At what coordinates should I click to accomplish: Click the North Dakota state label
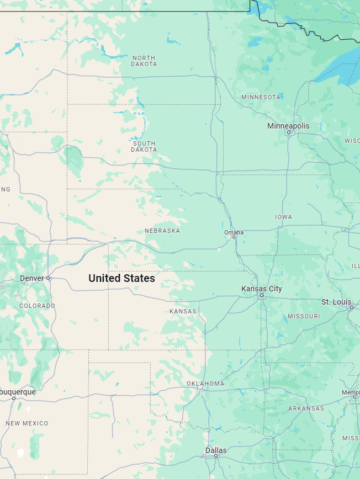pyautogui.click(x=144, y=61)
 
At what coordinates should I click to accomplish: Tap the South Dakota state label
pyautogui.click(x=144, y=146)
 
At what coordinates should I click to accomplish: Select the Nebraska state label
pyautogui.click(x=162, y=231)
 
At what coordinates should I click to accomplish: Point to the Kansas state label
pyautogui.click(x=183, y=311)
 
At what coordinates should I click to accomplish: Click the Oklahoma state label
pyautogui.click(x=205, y=384)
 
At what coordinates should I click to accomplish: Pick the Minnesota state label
pyautogui.click(x=261, y=97)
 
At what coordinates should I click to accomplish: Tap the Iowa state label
pyautogui.click(x=284, y=217)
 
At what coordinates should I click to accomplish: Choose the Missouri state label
pyautogui.click(x=304, y=316)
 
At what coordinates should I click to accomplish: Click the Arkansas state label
pyautogui.click(x=306, y=408)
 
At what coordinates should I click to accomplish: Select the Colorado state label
pyautogui.click(x=37, y=306)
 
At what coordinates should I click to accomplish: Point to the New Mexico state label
pyautogui.click(x=27, y=423)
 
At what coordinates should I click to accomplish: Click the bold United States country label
pyautogui.click(x=121, y=279)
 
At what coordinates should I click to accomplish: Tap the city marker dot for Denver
pyautogui.click(x=48, y=278)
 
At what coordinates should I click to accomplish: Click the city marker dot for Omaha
pyautogui.click(x=234, y=237)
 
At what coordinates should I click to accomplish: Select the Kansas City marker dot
pyautogui.click(x=262, y=295)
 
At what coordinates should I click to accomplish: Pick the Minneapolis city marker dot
pyautogui.click(x=288, y=132)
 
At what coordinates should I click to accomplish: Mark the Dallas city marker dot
pyautogui.click(x=216, y=456)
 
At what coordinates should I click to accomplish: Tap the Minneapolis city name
pyautogui.click(x=288, y=126)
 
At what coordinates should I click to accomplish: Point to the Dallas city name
pyautogui.click(x=216, y=450)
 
